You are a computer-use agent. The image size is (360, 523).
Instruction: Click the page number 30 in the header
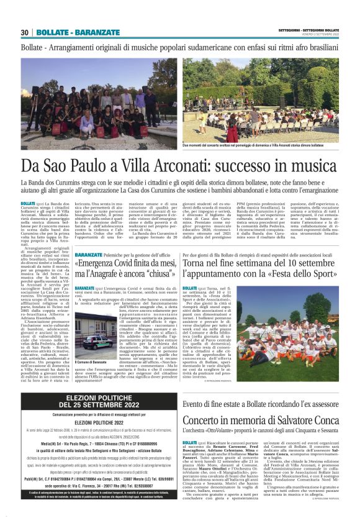pyautogui.click(x=25, y=32)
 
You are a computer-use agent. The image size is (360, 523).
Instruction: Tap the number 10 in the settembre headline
pyautogui.click(x=275, y=263)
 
